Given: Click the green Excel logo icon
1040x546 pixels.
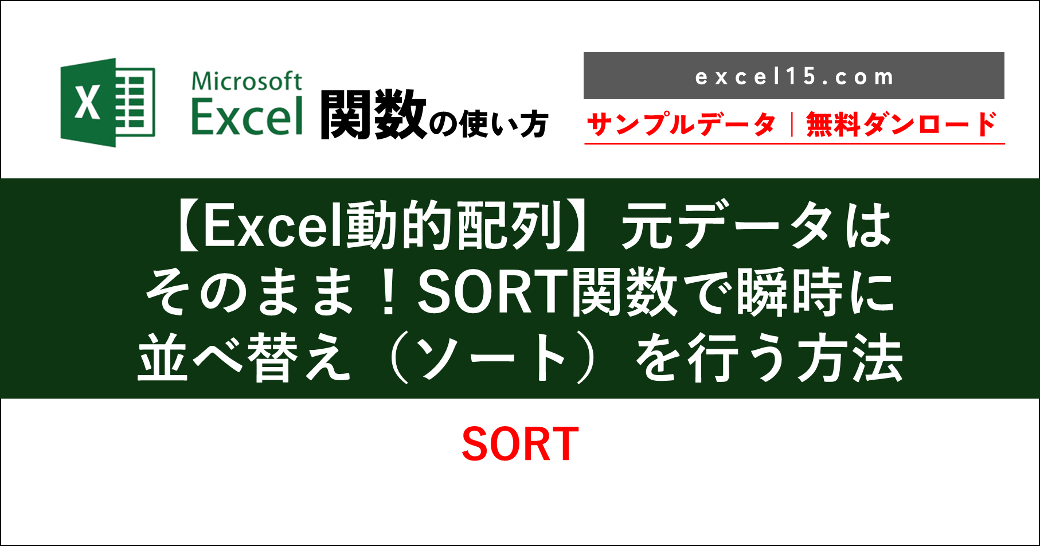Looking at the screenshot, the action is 108,102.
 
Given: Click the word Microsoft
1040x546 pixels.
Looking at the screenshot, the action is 247,81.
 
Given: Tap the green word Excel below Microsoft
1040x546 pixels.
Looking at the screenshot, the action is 247,116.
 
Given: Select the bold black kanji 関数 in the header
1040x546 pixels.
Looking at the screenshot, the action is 373,116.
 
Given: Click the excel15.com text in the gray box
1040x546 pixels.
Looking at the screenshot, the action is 794,77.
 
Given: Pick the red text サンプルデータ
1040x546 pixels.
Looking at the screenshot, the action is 681,124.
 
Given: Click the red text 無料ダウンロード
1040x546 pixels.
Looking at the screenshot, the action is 901,124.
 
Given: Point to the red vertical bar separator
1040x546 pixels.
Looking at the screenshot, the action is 791,124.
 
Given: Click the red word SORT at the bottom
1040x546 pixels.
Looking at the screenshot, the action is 520,444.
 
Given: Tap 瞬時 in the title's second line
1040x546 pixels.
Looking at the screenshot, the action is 791,293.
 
